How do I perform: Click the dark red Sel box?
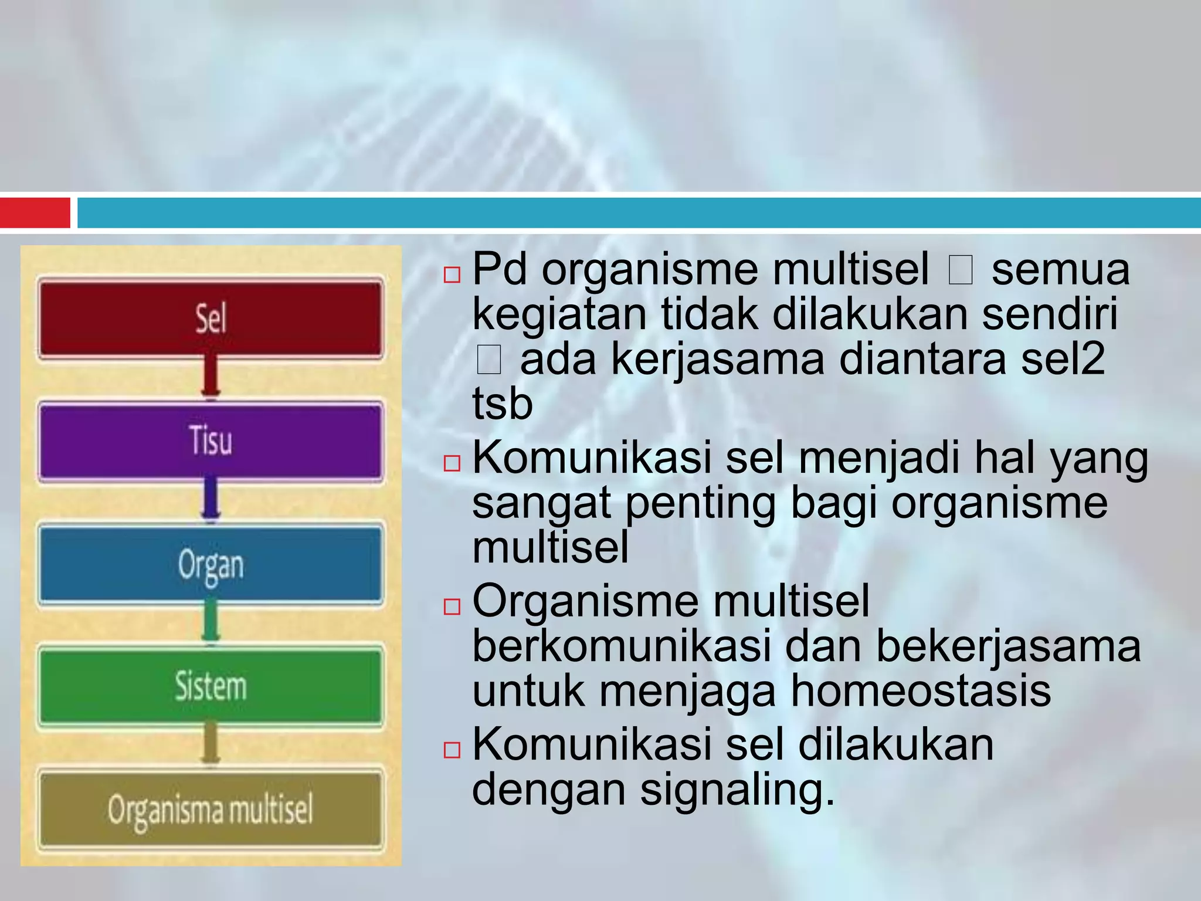point(211,319)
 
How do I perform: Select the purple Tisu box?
point(211,441)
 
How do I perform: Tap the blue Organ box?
point(211,564)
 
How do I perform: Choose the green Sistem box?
point(211,686)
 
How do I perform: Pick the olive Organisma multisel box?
point(211,809)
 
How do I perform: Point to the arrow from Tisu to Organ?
point(211,500)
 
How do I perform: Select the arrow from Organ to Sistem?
point(211,623)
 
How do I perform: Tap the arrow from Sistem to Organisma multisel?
point(211,745)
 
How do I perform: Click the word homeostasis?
point(921,691)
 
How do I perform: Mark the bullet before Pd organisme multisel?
point(452,275)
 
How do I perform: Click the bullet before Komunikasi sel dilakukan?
point(452,750)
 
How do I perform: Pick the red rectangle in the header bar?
point(35,212)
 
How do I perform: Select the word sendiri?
point(1050,314)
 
